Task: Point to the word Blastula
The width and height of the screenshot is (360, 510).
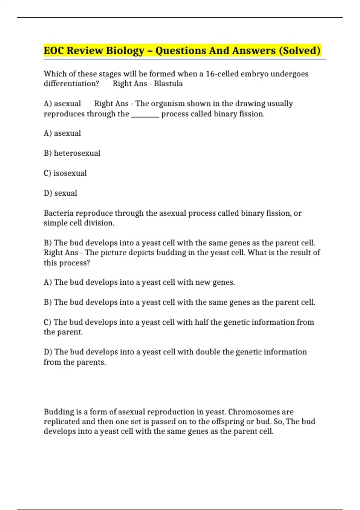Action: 168,84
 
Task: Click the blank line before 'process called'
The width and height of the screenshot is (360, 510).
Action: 145,114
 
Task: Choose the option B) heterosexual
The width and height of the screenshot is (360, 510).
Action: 72,153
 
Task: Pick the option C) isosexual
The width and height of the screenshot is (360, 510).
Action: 65,173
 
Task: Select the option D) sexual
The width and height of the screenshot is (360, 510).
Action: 60,193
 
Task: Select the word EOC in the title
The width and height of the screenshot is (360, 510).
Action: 54,51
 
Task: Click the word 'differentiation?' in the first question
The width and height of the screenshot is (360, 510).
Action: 71,84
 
